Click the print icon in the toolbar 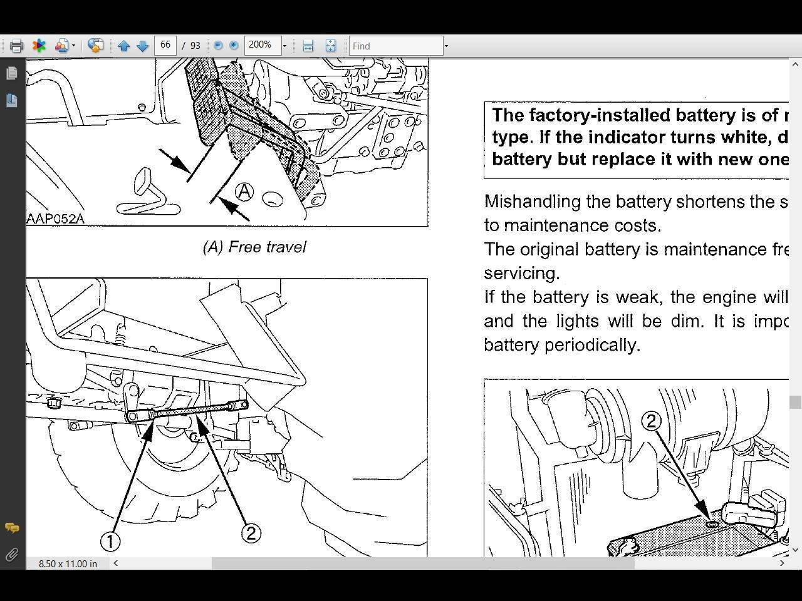16,46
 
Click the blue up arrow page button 123,46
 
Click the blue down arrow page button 142,46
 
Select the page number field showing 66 165,45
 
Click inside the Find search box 395,46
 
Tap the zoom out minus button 218,46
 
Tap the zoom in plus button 234,46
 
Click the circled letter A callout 244,192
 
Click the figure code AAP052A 55,218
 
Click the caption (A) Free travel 254,247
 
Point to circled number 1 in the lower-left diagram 110,541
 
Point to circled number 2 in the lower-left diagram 251,533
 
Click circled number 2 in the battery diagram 651,421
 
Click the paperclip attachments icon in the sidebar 11,555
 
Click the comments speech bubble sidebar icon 11,528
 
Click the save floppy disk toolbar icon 308,46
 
